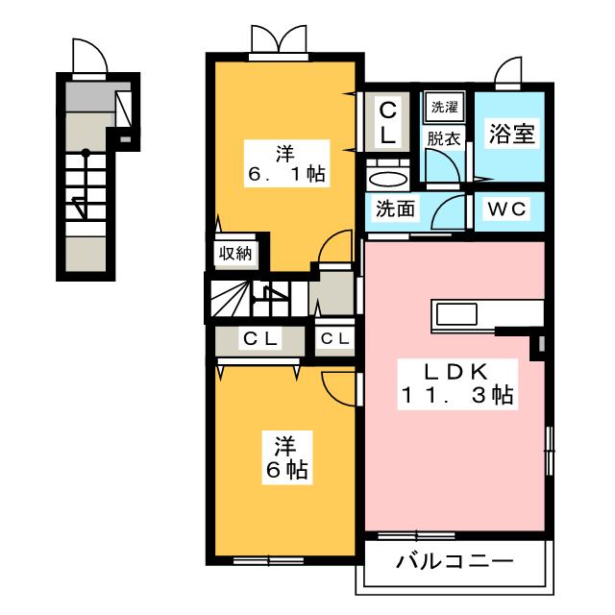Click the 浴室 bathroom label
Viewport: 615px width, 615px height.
(x=509, y=133)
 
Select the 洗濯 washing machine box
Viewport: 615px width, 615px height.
(x=444, y=106)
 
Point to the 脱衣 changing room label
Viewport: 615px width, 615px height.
(x=444, y=137)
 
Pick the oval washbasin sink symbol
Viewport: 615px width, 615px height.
(x=386, y=180)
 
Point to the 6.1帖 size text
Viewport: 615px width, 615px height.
(x=285, y=175)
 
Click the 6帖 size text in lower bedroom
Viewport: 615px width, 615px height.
(x=285, y=470)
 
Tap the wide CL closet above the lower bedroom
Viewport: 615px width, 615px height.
(x=259, y=338)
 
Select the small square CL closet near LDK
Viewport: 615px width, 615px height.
(x=334, y=338)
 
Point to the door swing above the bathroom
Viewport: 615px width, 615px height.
(x=508, y=74)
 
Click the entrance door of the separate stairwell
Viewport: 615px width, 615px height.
(x=88, y=56)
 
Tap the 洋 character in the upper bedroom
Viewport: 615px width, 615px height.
(x=285, y=152)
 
